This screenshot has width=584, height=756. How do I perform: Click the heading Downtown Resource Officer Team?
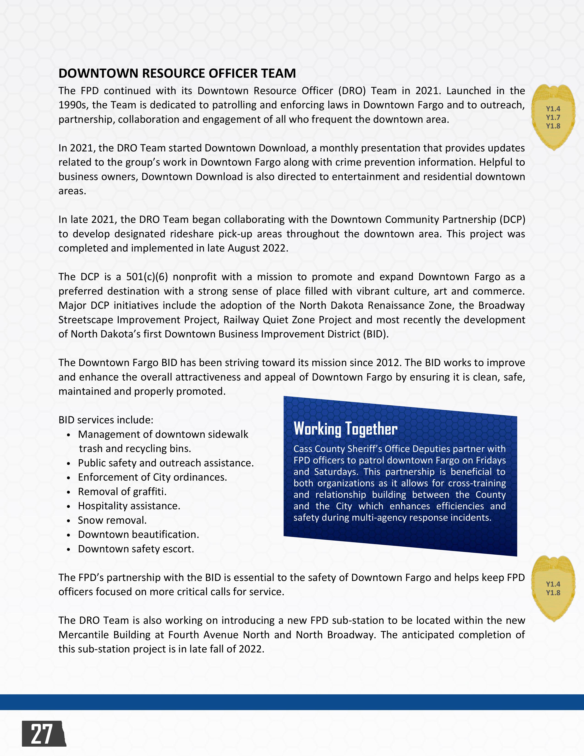tap(177, 73)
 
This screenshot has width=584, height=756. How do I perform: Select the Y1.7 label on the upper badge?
tap(553, 117)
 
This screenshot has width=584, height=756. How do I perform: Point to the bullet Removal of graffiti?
tap(122, 492)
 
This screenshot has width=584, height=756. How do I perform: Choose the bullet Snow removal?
tap(112, 520)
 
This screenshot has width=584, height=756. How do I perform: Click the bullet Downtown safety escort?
tap(136, 549)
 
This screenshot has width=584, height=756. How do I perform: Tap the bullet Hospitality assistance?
tap(129, 506)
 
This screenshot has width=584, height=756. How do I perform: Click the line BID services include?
tap(106, 420)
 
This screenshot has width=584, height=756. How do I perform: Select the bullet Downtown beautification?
tap(138, 534)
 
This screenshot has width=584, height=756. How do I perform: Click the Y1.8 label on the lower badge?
tap(553, 593)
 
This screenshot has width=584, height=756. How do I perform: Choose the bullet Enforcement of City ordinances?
tap(152, 477)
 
